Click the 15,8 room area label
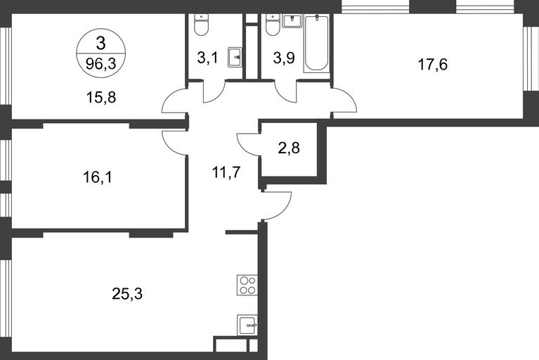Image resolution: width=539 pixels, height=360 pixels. (x=101, y=98)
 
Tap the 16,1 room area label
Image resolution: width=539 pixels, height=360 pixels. (x=98, y=178)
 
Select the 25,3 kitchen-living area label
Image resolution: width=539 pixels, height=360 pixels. (x=127, y=294)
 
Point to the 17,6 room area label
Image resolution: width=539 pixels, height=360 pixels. (x=433, y=64)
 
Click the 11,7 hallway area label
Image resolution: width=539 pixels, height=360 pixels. (x=226, y=172)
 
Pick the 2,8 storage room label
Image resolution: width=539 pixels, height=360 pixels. (x=289, y=148)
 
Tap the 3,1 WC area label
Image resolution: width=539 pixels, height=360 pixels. (x=207, y=58)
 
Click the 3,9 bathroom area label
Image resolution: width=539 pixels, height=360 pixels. (x=284, y=58)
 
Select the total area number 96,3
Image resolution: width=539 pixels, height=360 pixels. (x=100, y=63)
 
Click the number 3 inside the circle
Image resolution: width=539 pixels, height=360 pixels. (x=100, y=44)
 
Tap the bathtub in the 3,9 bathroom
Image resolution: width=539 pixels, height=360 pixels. (x=316, y=43)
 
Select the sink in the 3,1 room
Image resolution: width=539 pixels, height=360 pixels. (x=235, y=57)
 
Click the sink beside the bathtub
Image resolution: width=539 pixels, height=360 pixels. (x=292, y=21)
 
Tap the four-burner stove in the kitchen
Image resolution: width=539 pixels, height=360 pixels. (x=247, y=285)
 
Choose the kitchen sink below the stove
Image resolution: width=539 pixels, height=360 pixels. (x=247, y=326)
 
